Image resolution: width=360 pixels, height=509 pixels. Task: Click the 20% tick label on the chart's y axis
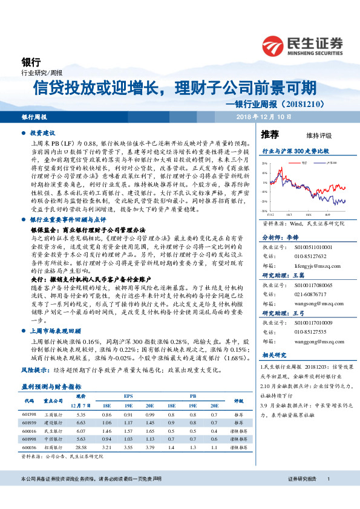pyautogui.click(x=264, y=163)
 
